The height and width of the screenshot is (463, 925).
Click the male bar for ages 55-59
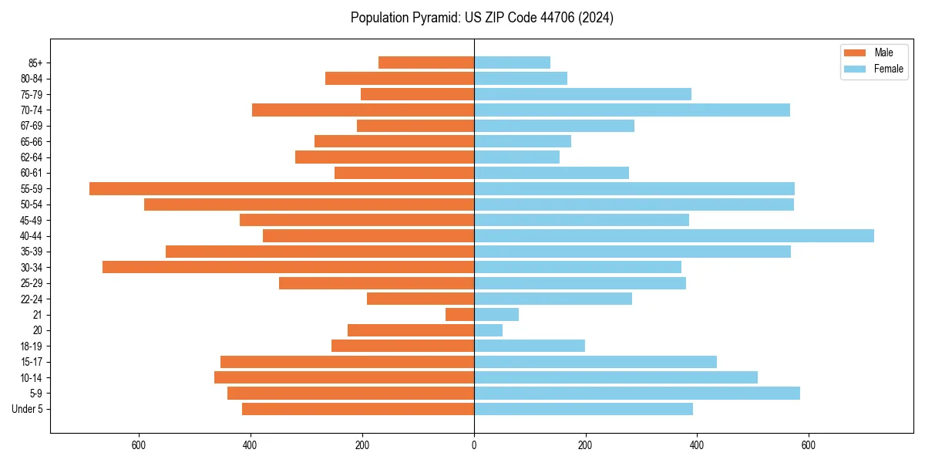coord(281,188)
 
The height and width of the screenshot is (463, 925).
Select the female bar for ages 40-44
coord(674,235)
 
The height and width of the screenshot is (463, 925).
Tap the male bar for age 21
coord(460,314)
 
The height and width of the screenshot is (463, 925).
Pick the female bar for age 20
coord(488,330)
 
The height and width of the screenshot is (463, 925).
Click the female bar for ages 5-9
coord(637,393)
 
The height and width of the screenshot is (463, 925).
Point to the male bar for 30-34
coord(288,267)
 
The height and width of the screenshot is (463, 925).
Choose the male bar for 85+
coord(426,63)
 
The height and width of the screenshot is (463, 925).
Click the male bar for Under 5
coord(358,409)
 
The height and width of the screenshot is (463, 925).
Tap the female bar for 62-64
coord(516,157)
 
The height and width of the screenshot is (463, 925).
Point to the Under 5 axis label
coord(28,409)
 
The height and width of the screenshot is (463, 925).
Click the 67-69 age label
coord(32,126)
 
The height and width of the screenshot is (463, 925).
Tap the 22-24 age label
coord(32,299)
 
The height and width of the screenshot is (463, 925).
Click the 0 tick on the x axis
coord(474,446)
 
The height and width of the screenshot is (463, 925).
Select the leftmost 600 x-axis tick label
coord(140,446)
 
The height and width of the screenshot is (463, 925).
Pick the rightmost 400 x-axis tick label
coord(697,446)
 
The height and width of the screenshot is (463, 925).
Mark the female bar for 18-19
coord(530,346)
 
